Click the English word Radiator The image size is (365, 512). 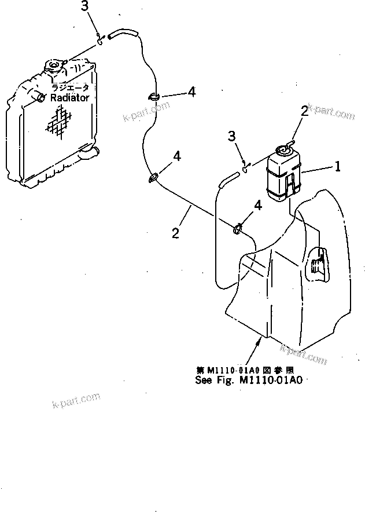coord(69,98)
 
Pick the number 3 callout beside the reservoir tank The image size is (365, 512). coord(231,136)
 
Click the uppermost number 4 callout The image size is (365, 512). coord(191,92)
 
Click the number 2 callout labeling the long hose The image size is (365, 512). coord(175,233)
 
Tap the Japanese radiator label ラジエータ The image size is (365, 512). coord(70,87)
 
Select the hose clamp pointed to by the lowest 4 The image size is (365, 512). coord(237,230)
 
